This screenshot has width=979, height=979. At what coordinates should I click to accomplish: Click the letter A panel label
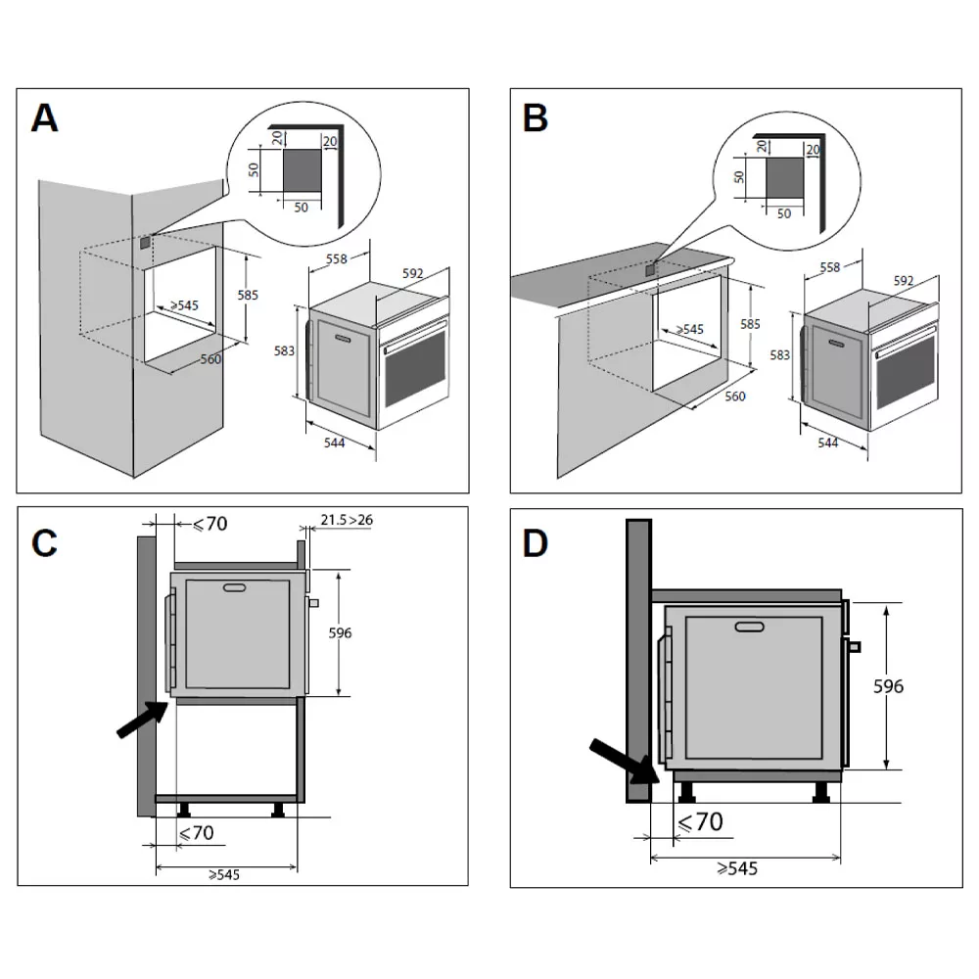45,117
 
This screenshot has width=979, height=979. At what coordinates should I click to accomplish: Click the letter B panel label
535,117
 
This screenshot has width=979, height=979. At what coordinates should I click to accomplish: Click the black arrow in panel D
624,762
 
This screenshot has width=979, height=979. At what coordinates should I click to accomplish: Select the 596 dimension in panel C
340,633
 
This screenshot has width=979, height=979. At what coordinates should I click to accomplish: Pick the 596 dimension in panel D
888,686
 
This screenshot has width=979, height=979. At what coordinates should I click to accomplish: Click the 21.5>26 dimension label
348,520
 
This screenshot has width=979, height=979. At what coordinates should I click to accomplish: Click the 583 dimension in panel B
780,355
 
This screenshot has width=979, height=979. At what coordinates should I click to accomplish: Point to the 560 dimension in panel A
210,359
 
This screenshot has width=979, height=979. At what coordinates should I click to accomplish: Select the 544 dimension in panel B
828,443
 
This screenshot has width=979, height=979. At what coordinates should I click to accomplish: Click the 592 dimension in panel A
412,274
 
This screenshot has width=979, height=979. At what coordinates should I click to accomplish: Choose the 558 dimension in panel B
828,266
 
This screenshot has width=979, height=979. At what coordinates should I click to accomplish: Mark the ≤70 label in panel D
701,821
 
